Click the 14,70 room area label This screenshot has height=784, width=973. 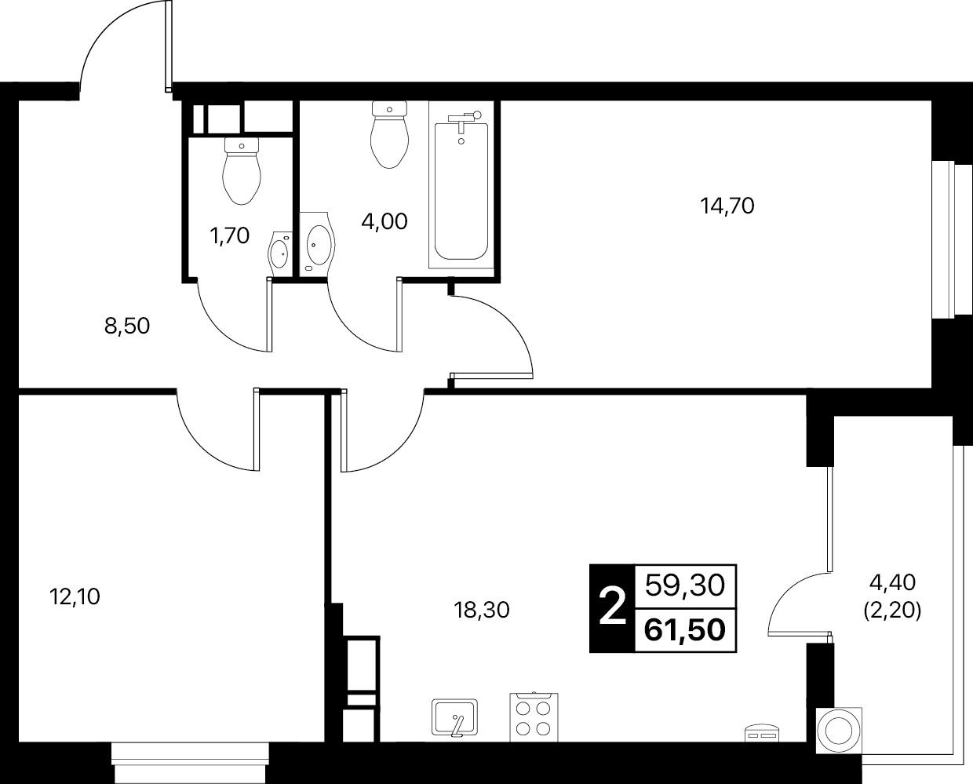pos(727,206)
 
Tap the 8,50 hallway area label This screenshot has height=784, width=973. pos(127,326)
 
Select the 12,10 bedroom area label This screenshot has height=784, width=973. pos(75,596)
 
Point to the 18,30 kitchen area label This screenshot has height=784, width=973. pos(482,610)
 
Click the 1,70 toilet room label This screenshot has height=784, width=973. pos(230,235)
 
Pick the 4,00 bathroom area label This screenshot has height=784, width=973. pos(384,221)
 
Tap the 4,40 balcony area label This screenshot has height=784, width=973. pos(892,582)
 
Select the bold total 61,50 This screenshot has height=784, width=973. pos(685,630)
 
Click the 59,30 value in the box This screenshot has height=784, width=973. pos(685,585)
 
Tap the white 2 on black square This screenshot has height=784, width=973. pos(612,608)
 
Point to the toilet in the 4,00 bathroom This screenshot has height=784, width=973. pos(389,134)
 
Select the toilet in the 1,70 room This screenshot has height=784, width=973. pos(242,170)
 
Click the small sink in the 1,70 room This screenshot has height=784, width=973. pos(280,253)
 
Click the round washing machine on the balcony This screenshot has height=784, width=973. pos(839,731)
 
